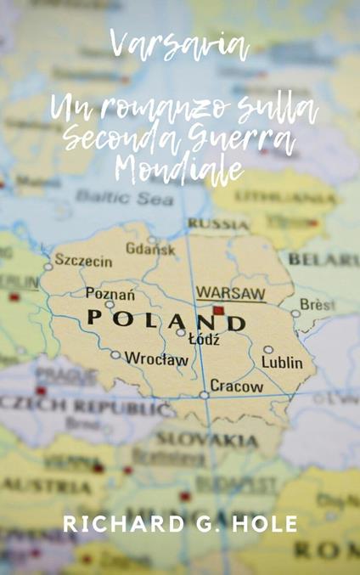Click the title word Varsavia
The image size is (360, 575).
(179, 47)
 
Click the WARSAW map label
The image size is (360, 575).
(231, 293)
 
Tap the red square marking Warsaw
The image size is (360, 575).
(218, 311)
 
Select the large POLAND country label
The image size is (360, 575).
(166, 321)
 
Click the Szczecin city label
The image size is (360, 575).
(83, 260)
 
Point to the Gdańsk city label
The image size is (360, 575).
(151, 248)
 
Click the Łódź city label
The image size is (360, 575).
(204, 340)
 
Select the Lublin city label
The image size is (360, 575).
(282, 363)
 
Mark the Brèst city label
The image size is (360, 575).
(318, 303)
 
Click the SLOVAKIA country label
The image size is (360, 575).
(218, 440)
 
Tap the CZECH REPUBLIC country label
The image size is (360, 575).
(85, 405)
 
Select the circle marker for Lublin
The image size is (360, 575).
(268, 349)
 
